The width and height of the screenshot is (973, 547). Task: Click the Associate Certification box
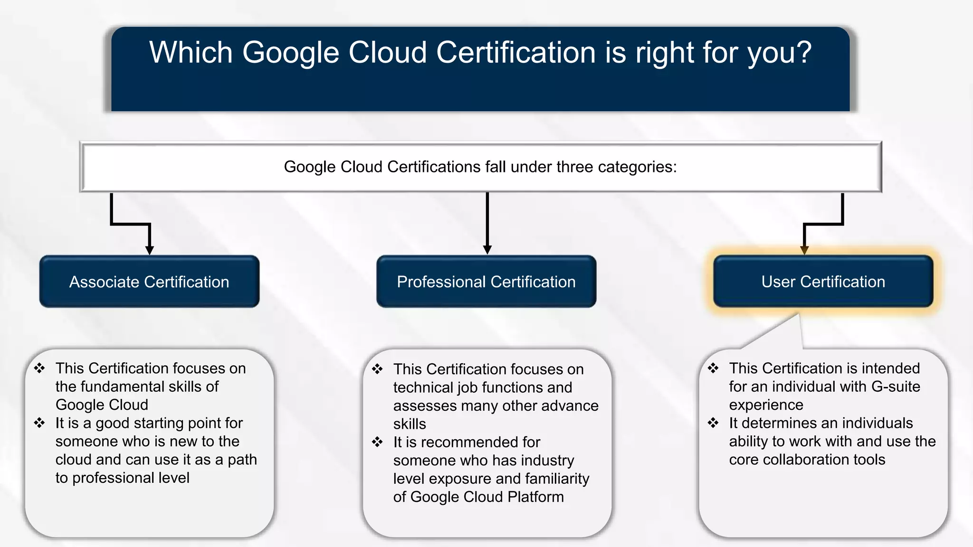click(149, 282)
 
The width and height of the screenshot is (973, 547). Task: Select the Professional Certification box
click(486, 282)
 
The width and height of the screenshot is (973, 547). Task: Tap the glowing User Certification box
click(823, 282)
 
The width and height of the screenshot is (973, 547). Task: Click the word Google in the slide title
click(290, 52)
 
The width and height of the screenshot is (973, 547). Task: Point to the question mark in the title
click(803, 52)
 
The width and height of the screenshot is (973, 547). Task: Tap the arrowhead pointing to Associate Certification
click(149, 250)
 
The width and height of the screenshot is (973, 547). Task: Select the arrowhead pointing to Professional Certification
click(487, 250)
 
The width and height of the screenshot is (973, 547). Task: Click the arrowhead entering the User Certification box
click(804, 250)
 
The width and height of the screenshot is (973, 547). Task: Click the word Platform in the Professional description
click(535, 497)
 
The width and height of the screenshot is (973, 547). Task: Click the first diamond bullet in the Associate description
click(39, 368)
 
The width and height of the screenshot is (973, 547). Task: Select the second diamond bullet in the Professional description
click(377, 442)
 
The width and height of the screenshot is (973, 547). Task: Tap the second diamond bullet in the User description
click(713, 423)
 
